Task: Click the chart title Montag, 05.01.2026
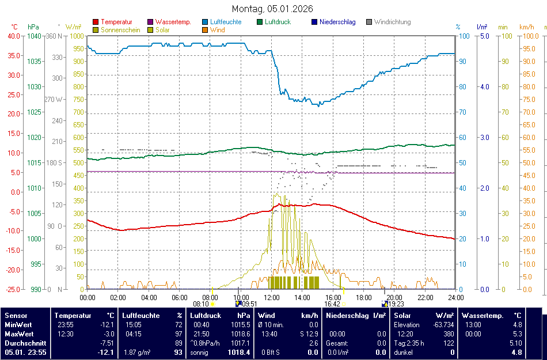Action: [273, 9]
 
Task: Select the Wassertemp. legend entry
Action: [173, 22]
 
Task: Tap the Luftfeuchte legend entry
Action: [225, 22]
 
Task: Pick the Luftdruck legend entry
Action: [278, 22]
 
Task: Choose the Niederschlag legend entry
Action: [337, 22]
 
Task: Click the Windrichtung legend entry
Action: [392, 22]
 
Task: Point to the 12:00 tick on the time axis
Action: [272, 297]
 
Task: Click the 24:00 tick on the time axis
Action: [456, 297]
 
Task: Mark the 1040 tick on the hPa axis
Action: [34, 36]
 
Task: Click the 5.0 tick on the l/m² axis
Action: [484, 36]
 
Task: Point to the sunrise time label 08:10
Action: [201, 304]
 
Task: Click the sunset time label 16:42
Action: [332, 304]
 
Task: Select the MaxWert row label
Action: [20, 334]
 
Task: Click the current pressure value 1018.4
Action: [240, 353]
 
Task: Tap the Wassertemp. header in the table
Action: [483, 316]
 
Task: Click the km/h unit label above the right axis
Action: [526, 27]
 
